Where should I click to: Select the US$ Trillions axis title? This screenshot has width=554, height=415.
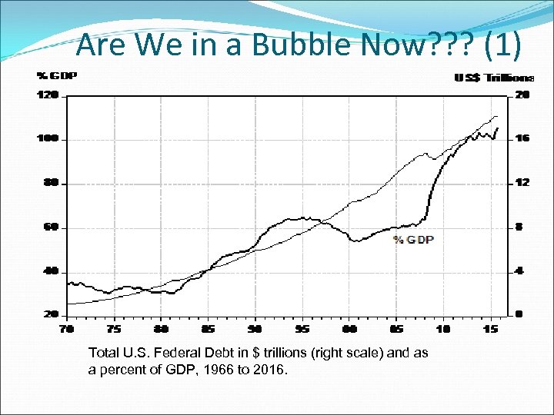[x=494, y=78]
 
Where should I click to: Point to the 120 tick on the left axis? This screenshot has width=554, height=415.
[x=48, y=96]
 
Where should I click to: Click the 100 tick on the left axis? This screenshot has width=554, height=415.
[x=48, y=139]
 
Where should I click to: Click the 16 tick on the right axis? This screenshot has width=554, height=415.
[x=522, y=139]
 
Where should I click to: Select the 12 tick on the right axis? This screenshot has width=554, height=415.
[x=522, y=184]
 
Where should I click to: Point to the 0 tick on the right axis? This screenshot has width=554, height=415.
[x=520, y=315]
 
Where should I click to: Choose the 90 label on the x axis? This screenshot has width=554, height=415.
[x=254, y=329]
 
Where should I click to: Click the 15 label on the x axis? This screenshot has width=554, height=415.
[x=490, y=329]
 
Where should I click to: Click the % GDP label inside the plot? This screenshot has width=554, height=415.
[x=413, y=240]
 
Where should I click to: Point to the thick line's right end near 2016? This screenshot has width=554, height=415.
[x=498, y=128]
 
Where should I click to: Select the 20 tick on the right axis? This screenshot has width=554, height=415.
[x=522, y=96]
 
